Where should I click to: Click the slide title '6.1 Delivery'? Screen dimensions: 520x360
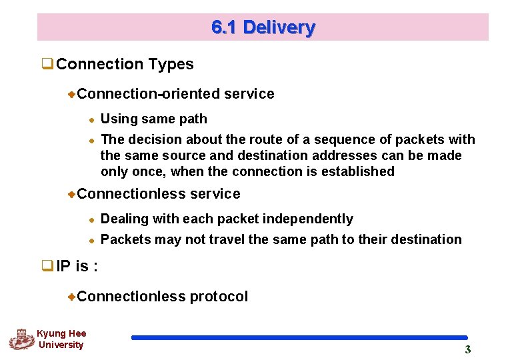pos(263,27)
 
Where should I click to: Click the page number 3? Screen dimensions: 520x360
pos(467,349)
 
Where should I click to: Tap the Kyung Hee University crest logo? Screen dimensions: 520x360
pos(21,339)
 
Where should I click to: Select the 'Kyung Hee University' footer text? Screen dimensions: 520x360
pos(61,339)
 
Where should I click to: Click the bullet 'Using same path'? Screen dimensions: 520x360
pos(153,119)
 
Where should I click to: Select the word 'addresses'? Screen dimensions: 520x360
pos(341,155)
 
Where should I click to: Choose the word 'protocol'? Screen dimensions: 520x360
pos(219,297)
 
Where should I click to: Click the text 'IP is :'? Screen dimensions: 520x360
pos(77,267)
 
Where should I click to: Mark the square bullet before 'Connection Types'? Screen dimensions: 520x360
pos(47,65)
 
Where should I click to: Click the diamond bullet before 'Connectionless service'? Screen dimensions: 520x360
pos(72,194)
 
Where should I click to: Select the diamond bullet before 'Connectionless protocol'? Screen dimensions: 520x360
pos(72,297)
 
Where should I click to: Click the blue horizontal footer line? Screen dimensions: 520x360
pos(299,338)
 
